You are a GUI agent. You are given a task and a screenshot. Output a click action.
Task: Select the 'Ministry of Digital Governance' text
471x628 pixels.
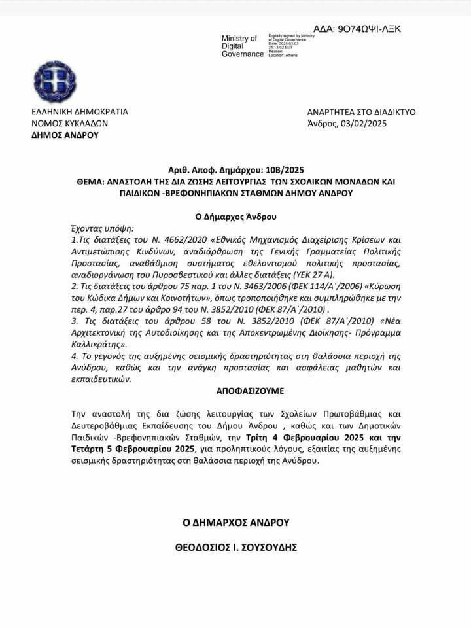[x=241, y=46]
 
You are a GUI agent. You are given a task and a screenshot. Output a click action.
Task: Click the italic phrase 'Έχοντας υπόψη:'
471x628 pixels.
[x=101, y=228]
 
